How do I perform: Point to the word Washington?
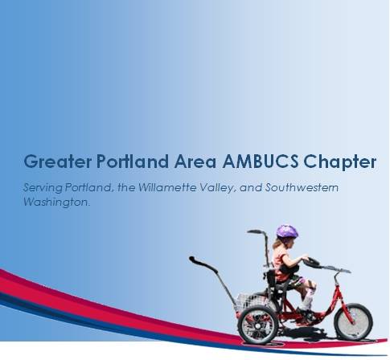55,203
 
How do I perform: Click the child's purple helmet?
286,231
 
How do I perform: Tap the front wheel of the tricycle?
353,321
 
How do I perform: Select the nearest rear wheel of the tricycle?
258,324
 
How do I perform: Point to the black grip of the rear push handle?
196,260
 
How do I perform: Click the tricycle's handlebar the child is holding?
315,263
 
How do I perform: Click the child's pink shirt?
281,259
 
